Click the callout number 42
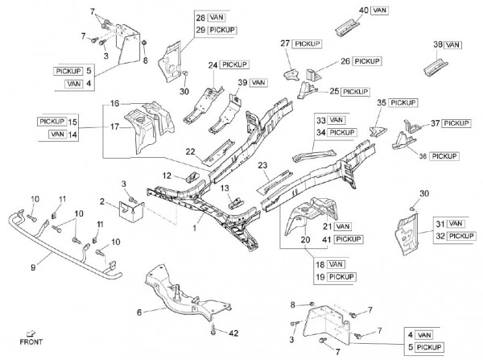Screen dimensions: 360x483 [235, 331]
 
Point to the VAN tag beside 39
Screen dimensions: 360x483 [258, 82]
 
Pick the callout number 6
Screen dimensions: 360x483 [139, 312]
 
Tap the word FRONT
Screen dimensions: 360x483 [31, 342]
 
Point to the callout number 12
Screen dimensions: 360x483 [166, 175]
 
